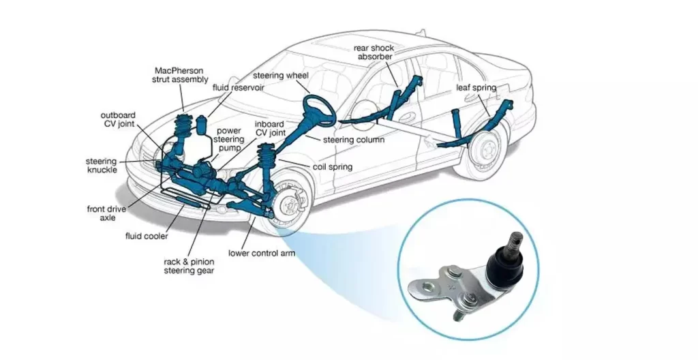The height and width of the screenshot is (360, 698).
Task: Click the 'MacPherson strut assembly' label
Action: (179, 75)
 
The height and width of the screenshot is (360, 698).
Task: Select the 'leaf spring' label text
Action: (476, 88)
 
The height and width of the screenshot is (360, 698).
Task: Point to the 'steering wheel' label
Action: (281, 75)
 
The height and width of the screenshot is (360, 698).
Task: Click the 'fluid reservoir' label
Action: (238, 88)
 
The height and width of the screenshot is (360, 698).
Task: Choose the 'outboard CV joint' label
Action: (118, 119)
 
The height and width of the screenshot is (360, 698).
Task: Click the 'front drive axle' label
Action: (105, 213)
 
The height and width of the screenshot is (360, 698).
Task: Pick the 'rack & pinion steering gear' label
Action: (189, 266)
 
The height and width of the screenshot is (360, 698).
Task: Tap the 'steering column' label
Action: (353, 140)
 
